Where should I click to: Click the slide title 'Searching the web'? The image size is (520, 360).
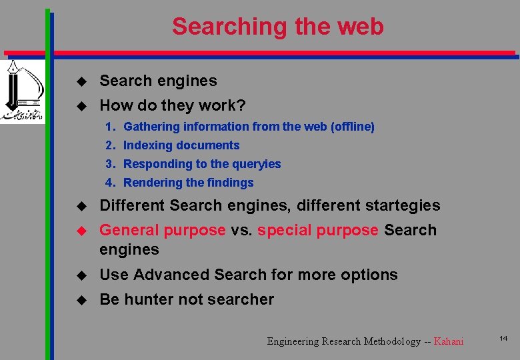coord(277,27)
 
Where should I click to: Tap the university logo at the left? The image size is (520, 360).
coord(21,91)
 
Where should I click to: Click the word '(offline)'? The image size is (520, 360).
coord(353,127)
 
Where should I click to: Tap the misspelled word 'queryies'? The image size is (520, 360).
coord(257,164)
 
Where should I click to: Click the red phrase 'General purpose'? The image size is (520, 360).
coord(162,230)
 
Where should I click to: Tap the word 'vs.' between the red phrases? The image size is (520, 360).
coord(241,230)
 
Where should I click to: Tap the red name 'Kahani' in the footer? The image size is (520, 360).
coord(448,341)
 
